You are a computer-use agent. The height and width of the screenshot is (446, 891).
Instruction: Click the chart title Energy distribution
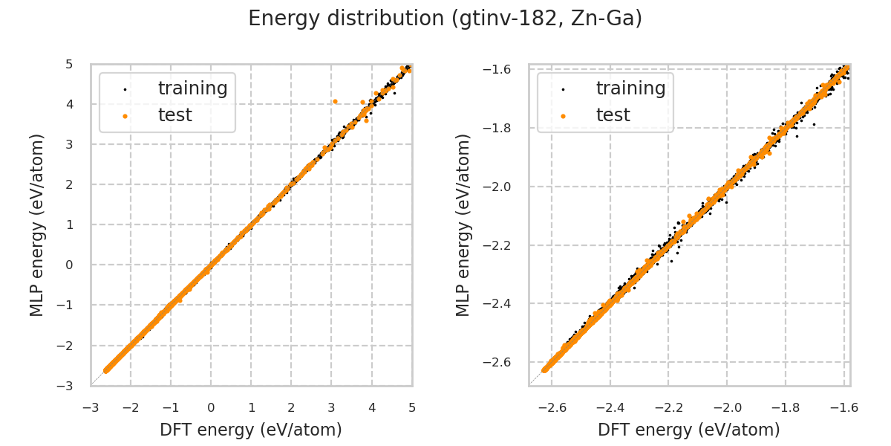tap(445, 19)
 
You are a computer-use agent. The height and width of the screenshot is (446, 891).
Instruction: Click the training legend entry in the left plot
tap(192, 88)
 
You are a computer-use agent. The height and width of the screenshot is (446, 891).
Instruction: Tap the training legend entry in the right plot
tap(630, 88)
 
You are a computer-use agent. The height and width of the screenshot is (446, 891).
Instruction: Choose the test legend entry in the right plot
tap(613, 115)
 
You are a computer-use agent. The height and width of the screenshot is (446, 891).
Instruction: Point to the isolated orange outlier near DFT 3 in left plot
tap(335, 101)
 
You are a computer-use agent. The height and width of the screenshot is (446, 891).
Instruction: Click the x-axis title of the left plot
tap(251, 430)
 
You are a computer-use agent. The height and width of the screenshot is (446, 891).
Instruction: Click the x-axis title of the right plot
tap(689, 430)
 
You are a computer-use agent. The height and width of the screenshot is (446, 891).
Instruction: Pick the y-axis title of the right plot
tap(464, 224)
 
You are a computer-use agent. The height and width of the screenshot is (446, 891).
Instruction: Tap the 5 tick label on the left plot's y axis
tap(69, 64)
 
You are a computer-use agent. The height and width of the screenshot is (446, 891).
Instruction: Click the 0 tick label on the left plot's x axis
tap(211, 407)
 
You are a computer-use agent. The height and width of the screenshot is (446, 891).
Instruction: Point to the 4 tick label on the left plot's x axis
tap(371, 407)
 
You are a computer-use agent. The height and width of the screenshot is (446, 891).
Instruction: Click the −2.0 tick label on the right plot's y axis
tap(497, 187)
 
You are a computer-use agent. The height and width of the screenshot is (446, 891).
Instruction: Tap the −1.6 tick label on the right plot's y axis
tap(497, 70)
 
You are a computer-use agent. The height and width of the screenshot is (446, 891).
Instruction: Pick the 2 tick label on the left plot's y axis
tap(69, 184)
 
